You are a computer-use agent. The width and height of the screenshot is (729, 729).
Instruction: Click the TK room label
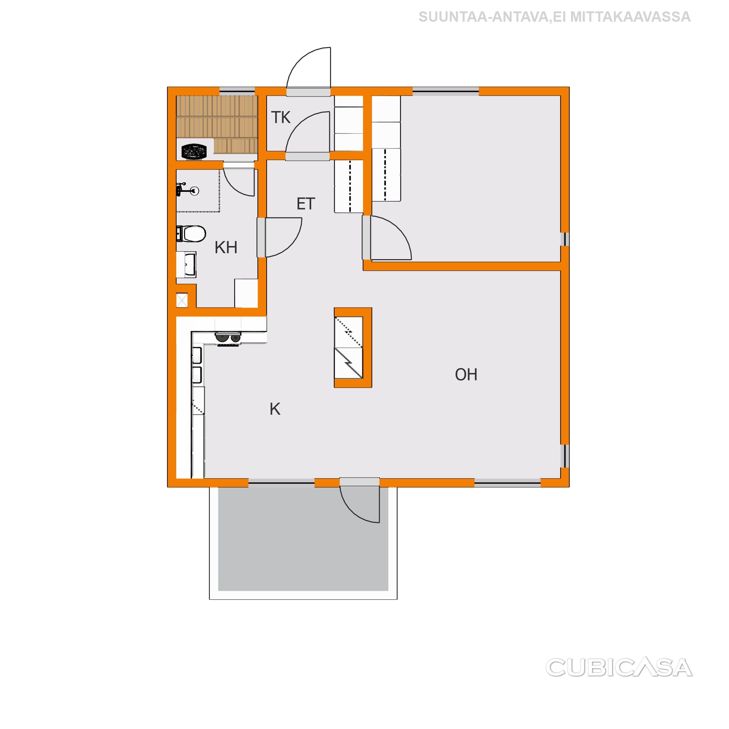pyautogui.click(x=281, y=117)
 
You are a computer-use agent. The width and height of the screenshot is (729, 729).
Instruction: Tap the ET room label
pyautogui.click(x=306, y=204)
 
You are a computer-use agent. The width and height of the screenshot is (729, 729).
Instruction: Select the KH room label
pyautogui.click(x=226, y=247)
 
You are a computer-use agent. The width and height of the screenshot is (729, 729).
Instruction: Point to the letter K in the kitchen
pyautogui.click(x=275, y=409)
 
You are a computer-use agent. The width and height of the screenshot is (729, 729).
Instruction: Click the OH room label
pyautogui.click(x=466, y=375)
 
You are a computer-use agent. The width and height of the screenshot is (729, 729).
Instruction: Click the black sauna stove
pyautogui.click(x=194, y=152)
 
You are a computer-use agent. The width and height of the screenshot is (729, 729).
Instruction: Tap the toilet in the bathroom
pyautogui.click(x=191, y=234)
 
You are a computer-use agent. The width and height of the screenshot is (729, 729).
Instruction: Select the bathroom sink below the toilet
pyautogui.click(x=187, y=264)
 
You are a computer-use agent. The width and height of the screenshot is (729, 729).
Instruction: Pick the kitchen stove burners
pyautogui.click(x=228, y=338)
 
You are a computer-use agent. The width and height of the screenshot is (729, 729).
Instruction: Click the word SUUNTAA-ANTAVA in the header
pyautogui.click(x=483, y=17)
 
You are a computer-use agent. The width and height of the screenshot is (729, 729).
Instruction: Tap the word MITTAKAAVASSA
pyautogui.click(x=630, y=17)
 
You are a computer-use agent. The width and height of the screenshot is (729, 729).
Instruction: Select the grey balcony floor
pyautogui.click(x=303, y=539)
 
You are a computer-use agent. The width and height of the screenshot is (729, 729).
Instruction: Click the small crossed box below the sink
pyautogui.click(x=182, y=300)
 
